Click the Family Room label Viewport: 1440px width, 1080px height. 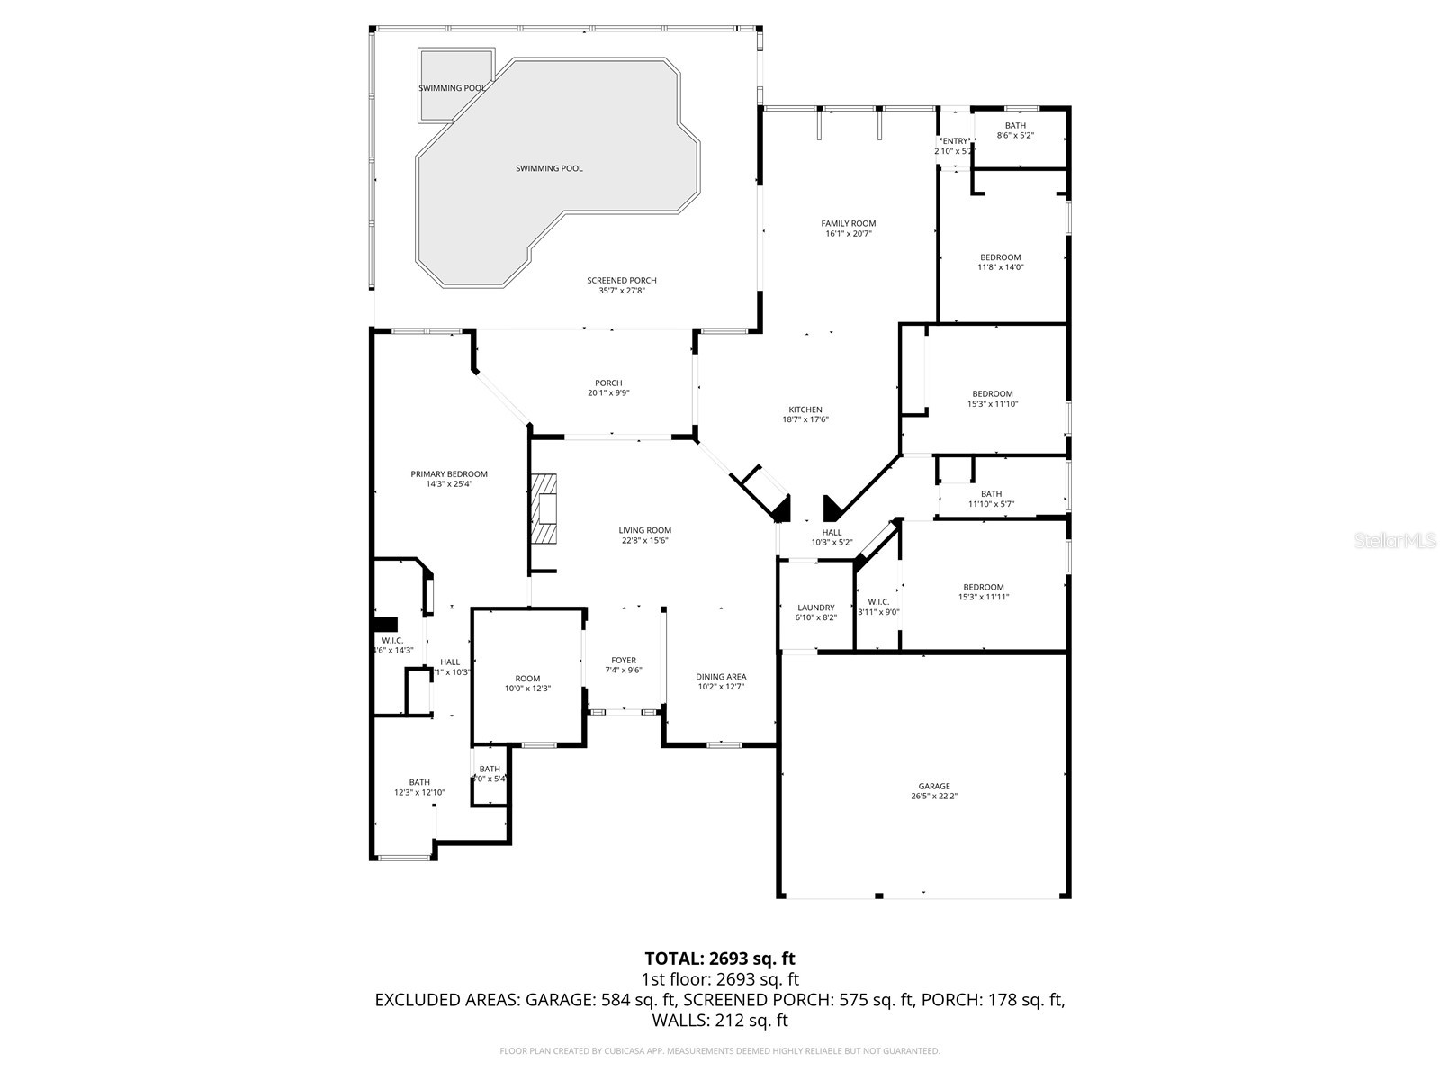point(848,224)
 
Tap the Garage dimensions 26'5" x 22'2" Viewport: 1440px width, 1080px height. point(933,796)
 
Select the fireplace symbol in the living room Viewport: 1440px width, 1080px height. point(544,509)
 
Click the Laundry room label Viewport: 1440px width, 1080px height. point(815,607)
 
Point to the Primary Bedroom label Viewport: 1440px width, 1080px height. point(449,474)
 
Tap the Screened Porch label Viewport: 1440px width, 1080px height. point(622,281)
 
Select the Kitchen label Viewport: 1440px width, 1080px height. point(805,409)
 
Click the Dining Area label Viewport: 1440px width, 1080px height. point(721,677)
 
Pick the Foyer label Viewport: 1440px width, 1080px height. point(624,661)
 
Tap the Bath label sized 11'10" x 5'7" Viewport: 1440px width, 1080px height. point(991,494)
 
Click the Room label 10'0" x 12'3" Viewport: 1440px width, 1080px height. point(527,679)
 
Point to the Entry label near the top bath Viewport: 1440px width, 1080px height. point(955,141)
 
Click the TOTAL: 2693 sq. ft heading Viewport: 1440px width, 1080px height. point(720,958)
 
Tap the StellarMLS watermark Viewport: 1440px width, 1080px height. point(1395,540)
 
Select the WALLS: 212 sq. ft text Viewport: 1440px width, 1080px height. point(720,1021)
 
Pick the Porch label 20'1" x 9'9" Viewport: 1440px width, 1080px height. point(608,383)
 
